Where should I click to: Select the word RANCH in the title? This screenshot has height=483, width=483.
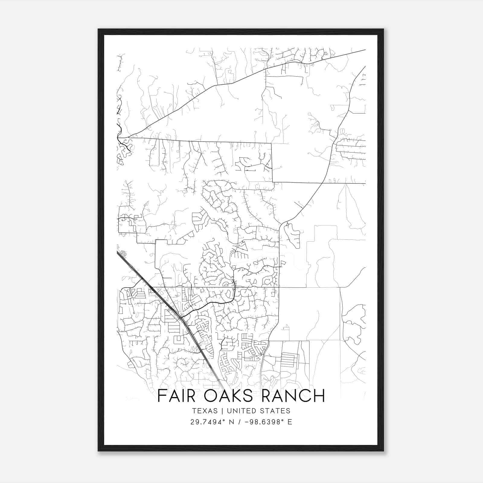[293, 396]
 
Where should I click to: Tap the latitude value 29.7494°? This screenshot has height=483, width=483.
[208, 422]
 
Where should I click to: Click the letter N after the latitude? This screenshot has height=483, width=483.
[232, 422]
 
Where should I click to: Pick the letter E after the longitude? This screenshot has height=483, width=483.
[290, 422]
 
